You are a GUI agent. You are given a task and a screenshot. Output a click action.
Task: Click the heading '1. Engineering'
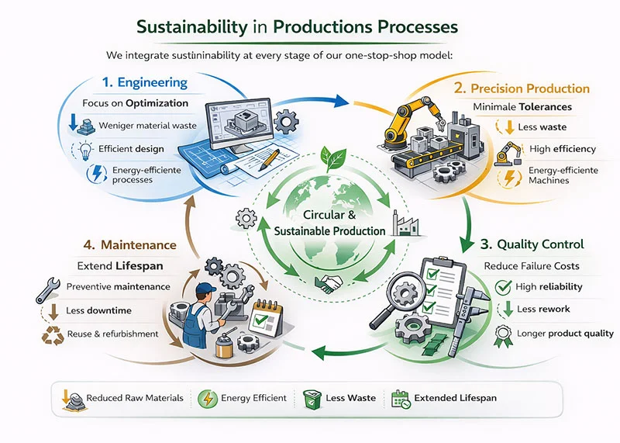point(145,82)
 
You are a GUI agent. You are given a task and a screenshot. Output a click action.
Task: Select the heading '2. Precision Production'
point(526,88)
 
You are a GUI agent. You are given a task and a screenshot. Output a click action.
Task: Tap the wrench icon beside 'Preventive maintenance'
point(46,288)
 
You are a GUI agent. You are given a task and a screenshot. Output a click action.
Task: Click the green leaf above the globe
point(336,160)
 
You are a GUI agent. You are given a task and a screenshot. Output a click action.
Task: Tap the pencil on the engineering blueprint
point(269,161)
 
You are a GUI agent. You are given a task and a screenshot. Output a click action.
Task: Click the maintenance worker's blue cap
point(206,289)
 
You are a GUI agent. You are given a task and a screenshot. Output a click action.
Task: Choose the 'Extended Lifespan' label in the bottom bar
point(455,398)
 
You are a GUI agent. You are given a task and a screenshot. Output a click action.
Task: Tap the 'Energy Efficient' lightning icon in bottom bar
point(206,398)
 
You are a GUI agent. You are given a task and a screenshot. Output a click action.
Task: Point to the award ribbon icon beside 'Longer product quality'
point(504,334)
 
